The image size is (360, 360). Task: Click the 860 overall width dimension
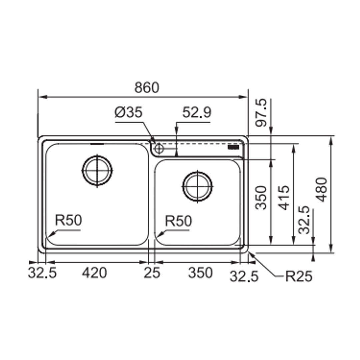[x=147, y=88]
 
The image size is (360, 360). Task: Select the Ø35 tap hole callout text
[x=128, y=113]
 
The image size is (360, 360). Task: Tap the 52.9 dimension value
[x=197, y=113]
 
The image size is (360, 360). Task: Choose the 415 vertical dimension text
[x=284, y=197]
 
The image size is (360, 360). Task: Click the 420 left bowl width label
[x=95, y=273]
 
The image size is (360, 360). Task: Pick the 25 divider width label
[x=152, y=273]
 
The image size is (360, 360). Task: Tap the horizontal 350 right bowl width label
[x=200, y=273]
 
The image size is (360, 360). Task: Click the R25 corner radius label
[x=299, y=276]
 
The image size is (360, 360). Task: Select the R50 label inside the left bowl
[x=68, y=221]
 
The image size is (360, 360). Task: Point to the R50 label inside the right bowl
[x=178, y=221]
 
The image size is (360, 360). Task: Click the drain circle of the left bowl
[x=97, y=170]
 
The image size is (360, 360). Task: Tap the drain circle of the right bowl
[x=197, y=187]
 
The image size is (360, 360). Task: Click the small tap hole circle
[x=159, y=148]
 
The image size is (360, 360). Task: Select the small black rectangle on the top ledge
[x=233, y=147]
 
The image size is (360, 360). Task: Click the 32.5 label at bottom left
[x=42, y=273]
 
